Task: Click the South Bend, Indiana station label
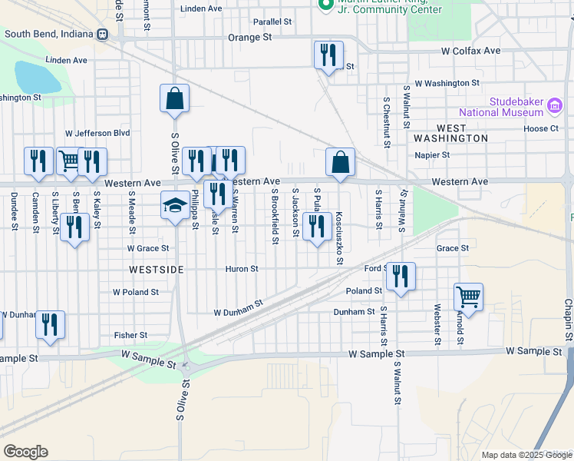[48, 34]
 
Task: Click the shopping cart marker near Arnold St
[468, 296]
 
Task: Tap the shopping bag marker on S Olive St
[175, 98]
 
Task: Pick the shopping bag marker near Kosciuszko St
[340, 162]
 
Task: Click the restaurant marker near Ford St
[400, 277]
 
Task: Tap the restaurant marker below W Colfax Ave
[328, 55]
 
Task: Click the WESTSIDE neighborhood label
[157, 270]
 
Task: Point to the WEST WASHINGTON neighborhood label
[451, 133]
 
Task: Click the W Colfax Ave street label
[470, 51]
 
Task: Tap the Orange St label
[250, 37]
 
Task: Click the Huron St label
[242, 269]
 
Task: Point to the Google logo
[25, 452]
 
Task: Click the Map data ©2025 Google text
[526, 455]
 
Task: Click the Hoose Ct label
[542, 128]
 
